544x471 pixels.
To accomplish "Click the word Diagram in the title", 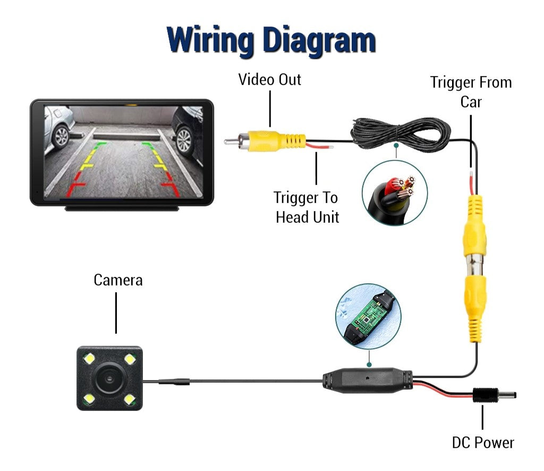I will tap(320, 41).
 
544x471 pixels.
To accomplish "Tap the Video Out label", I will tap(270, 80).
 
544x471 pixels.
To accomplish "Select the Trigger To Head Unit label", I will tap(307, 207).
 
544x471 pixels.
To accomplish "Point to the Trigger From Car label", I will tap(471, 91).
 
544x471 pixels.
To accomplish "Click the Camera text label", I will tap(118, 280).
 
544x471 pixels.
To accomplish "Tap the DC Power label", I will tap(483, 442).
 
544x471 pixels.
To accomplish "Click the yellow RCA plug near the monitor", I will tap(276, 141).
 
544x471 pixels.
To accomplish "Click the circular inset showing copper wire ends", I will tap(395, 192).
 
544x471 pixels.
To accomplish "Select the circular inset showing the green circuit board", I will tap(368, 316).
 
